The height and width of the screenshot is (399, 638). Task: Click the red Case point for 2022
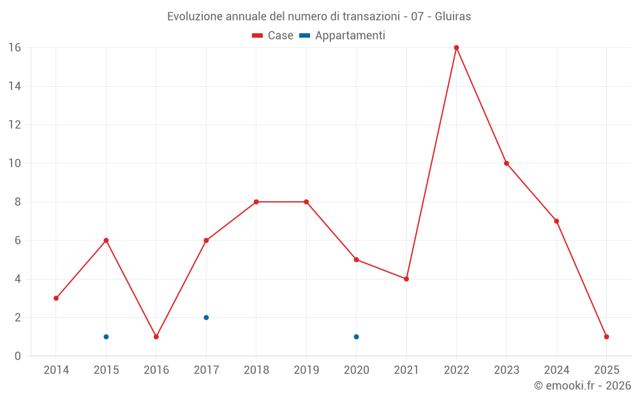point(456,48)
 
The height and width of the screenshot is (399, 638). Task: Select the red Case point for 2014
point(56,298)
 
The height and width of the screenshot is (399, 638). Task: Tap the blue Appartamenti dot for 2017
point(206,317)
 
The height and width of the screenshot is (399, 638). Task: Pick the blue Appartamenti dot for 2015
point(106,336)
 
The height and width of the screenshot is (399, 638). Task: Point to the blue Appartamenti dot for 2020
point(356,336)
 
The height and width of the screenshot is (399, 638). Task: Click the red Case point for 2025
point(606,336)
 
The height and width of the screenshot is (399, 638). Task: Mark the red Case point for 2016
point(156,336)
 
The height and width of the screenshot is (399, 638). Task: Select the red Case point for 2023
point(507,163)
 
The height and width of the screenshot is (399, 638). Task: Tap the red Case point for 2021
point(406,279)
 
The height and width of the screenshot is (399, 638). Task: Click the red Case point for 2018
point(256,202)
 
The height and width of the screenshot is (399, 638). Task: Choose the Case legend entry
point(273,36)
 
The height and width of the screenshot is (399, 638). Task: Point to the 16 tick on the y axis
point(15,48)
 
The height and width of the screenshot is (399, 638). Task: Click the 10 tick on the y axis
point(15,163)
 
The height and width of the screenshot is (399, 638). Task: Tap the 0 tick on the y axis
point(18,356)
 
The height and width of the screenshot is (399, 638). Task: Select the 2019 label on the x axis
point(306,370)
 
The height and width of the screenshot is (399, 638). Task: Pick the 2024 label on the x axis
point(556,370)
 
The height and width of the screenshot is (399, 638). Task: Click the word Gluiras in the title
point(453,17)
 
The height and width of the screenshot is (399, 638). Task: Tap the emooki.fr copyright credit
point(582,386)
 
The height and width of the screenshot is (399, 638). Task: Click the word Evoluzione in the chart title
point(195,17)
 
